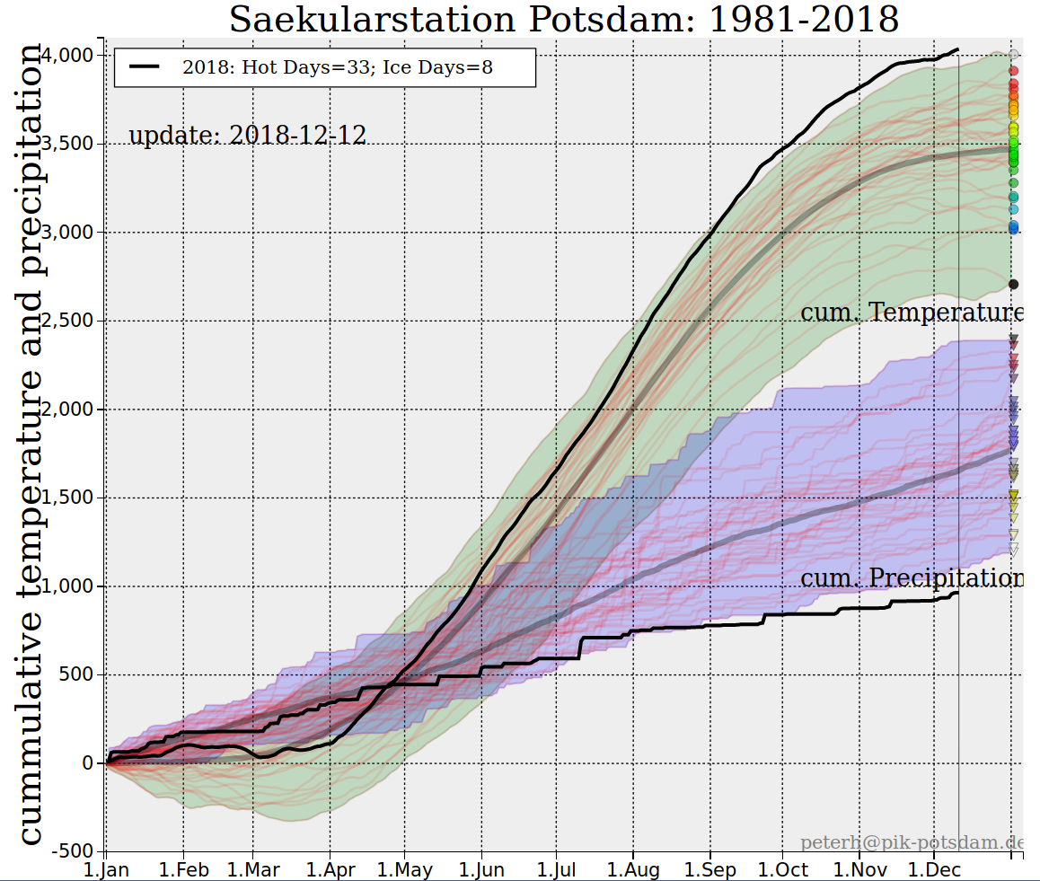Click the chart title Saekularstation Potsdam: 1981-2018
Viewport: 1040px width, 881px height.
pyautogui.click(x=564, y=20)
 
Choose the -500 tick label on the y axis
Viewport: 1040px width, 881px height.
pyautogui.click(x=75, y=850)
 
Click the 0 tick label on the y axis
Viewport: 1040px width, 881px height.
pyautogui.click(x=87, y=763)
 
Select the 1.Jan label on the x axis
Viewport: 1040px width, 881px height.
pyautogui.click(x=106, y=869)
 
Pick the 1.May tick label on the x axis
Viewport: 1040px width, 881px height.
pyautogui.click(x=405, y=869)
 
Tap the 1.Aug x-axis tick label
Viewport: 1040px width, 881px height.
pyautogui.click(x=634, y=869)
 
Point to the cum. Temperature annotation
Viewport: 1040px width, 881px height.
pyautogui.click(x=911, y=313)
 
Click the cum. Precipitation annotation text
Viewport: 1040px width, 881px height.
pyautogui.click(x=911, y=577)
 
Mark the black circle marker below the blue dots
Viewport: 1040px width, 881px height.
pyautogui.click(x=1014, y=285)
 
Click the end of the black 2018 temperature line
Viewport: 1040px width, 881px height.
pyautogui.click(x=957, y=49)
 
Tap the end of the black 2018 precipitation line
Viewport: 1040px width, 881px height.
pyautogui.click(x=957, y=593)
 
